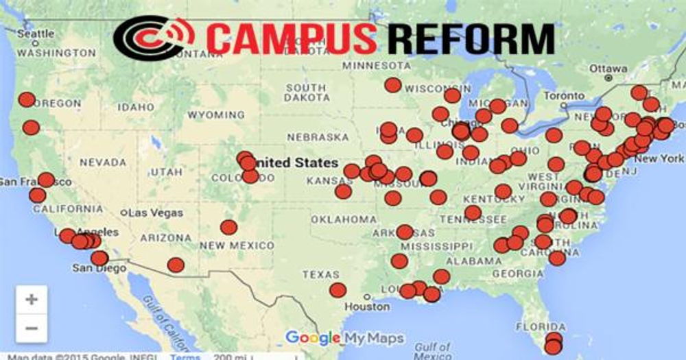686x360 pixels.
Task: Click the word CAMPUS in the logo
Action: (x=292, y=39)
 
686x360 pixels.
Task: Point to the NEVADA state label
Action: (x=104, y=163)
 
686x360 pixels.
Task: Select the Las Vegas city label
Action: (x=156, y=213)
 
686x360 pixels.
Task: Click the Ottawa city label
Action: (x=608, y=69)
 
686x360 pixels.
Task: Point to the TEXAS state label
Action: (x=320, y=274)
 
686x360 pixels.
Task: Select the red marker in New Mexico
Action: (x=228, y=227)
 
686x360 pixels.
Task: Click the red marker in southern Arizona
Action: (x=176, y=265)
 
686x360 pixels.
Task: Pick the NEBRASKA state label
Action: (x=318, y=137)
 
